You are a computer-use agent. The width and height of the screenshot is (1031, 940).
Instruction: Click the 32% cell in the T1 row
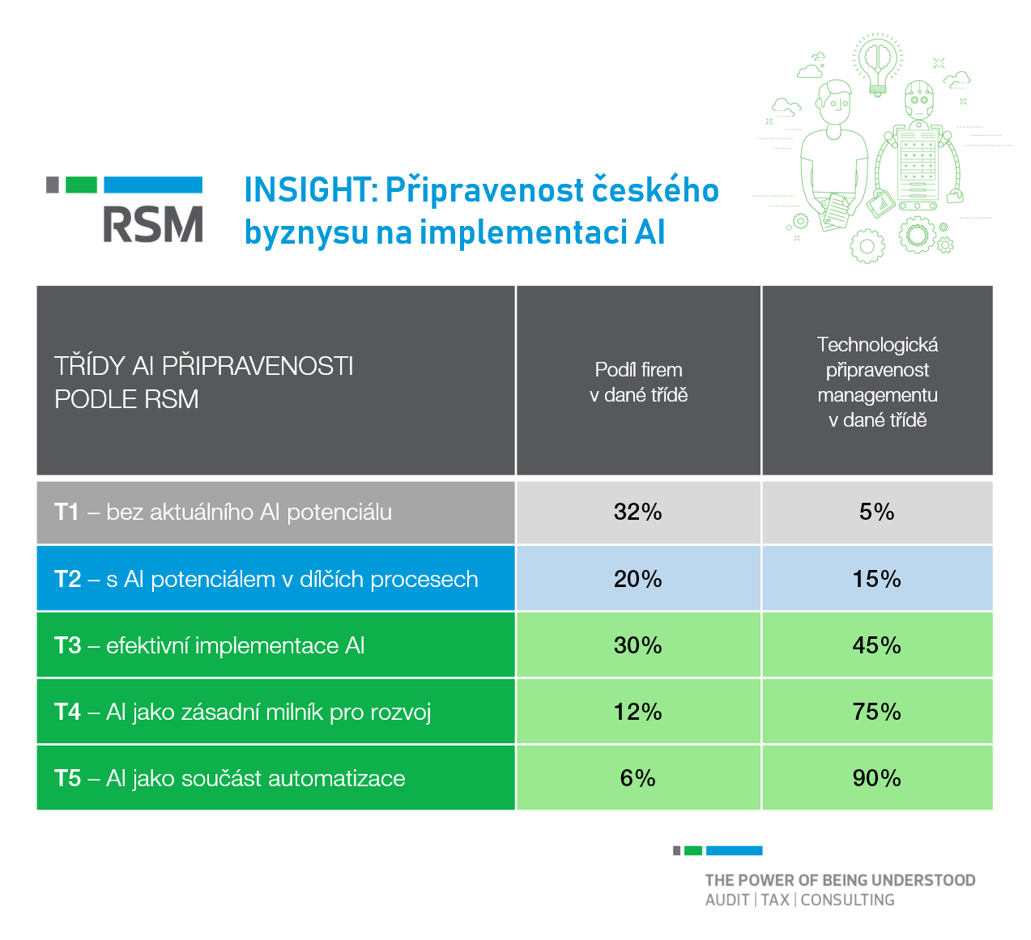click(638, 512)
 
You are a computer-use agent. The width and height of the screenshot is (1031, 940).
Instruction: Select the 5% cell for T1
click(876, 512)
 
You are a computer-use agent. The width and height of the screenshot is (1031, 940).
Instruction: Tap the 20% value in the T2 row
click(638, 579)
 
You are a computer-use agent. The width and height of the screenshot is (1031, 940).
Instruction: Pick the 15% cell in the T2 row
click(876, 579)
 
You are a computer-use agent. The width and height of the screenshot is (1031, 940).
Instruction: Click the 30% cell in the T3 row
click(638, 645)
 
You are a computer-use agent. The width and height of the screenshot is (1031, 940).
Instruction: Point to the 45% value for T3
click(876, 645)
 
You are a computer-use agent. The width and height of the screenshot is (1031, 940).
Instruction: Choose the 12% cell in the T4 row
click(638, 712)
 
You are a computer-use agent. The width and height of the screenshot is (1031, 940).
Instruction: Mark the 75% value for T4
click(876, 712)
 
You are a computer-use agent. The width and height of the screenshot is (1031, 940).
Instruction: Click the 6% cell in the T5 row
click(638, 778)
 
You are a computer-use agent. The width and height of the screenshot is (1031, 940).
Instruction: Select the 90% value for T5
click(876, 778)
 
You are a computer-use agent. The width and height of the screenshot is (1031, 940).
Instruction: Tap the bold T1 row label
click(66, 512)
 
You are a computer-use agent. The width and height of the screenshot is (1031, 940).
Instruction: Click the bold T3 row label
click(67, 645)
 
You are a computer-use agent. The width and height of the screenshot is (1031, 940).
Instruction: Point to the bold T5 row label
click(67, 778)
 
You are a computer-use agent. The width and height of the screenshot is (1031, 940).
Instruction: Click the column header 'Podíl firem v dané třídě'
click(638, 382)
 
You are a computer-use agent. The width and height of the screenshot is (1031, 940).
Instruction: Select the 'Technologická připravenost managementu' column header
click(877, 382)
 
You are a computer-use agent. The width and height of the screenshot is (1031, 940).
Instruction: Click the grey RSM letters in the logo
click(153, 224)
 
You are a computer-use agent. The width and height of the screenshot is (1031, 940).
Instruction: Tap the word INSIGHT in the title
click(307, 190)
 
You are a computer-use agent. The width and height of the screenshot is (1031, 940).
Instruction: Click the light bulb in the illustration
click(877, 65)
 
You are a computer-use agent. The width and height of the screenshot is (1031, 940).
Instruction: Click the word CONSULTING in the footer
click(847, 900)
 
